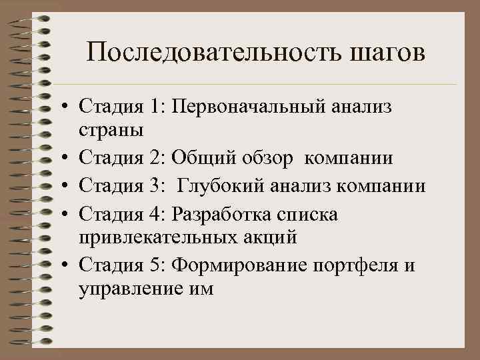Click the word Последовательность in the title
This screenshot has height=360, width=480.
click(x=214, y=53)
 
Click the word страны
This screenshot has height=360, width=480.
click(x=110, y=131)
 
